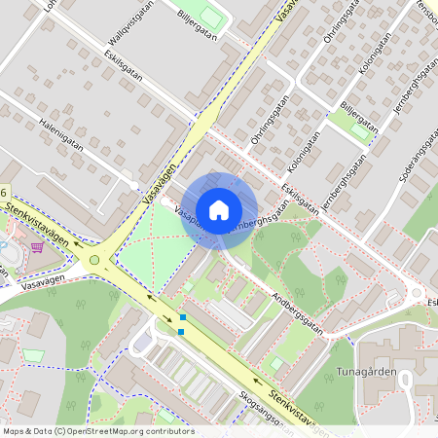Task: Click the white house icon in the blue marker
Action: tap(219, 209)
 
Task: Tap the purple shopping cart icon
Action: tap(37, 247)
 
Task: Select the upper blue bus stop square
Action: tap(182, 318)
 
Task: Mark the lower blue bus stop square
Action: tap(181, 331)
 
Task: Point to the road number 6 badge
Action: tap(4, 194)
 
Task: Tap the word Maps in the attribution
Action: tap(15, 431)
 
